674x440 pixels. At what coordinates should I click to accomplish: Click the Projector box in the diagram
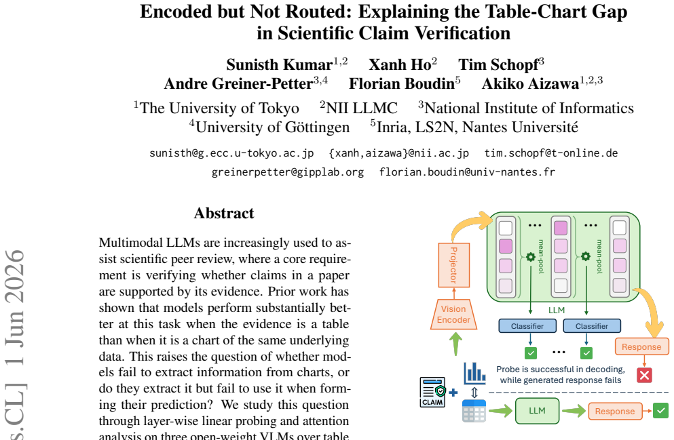pyautogui.click(x=454, y=265)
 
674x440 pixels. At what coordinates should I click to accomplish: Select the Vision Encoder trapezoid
pyautogui.click(x=453, y=314)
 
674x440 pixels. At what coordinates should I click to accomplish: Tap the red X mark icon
pyautogui.click(x=644, y=375)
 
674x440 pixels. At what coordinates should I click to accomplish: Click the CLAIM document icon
pyautogui.click(x=432, y=392)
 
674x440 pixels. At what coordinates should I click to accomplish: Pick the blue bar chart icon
pyautogui.click(x=474, y=373)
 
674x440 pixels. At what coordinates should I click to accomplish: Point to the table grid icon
pyautogui.click(x=474, y=411)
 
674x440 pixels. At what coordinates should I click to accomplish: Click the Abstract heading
pyautogui.click(x=224, y=214)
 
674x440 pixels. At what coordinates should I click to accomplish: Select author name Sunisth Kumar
pyautogui.click(x=280, y=65)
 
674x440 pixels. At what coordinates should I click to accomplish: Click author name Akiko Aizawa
pyautogui.click(x=530, y=83)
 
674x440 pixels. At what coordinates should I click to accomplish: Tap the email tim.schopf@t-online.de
pyautogui.click(x=551, y=153)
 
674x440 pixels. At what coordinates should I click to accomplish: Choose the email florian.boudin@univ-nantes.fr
pyautogui.click(x=467, y=172)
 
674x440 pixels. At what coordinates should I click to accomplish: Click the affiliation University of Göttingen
pyautogui.click(x=273, y=127)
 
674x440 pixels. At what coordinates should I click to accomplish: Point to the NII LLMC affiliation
pyautogui.click(x=362, y=108)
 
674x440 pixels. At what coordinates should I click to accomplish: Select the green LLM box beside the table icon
pyautogui.click(x=538, y=411)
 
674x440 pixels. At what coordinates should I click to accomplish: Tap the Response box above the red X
pyautogui.click(x=641, y=347)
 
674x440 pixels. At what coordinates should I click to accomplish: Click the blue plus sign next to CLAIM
pyautogui.click(x=453, y=393)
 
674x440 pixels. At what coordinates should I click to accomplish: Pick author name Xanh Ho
pyautogui.click(x=400, y=65)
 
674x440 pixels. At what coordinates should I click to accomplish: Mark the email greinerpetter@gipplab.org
pyautogui.click(x=288, y=172)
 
